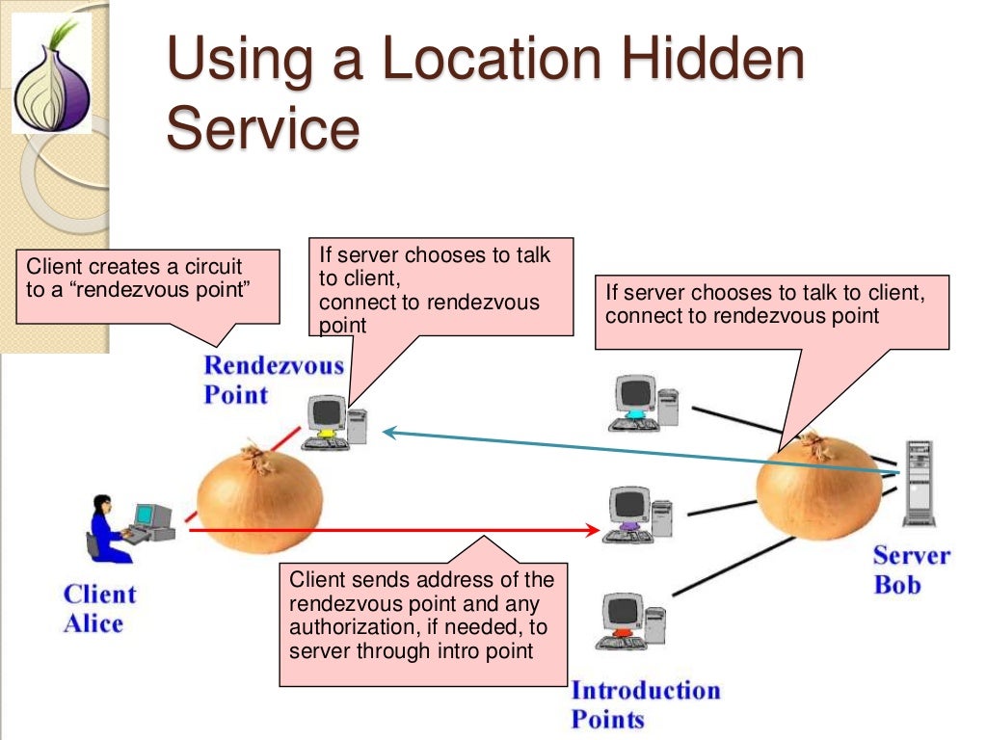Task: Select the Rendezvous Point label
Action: (273, 380)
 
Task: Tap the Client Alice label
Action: (99, 608)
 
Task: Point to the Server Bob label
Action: (911, 569)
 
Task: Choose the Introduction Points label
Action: (645, 704)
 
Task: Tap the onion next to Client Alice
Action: (259, 496)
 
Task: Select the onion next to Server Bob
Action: (818, 487)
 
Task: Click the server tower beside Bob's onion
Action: (918, 483)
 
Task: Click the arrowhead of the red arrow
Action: (593, 529)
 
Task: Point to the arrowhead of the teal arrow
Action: (388, 433)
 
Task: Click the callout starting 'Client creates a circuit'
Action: (147, 286)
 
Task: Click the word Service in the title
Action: (262, 129)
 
